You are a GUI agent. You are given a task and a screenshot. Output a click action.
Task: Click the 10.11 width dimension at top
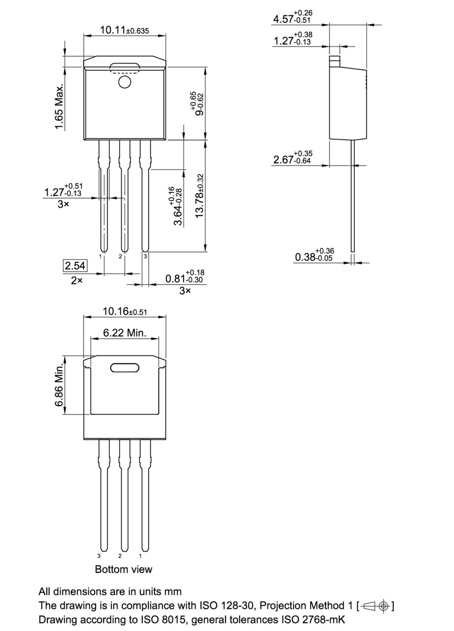(125, 31)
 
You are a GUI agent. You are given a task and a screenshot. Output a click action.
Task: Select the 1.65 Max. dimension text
(60, 107)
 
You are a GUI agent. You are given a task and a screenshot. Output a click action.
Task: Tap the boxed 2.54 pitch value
(75, 266)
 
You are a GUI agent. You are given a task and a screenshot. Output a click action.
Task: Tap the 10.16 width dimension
(125, 312)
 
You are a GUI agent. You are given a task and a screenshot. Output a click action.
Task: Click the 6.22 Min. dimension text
(125, 333)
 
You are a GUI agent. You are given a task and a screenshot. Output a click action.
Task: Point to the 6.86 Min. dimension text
(60, 386)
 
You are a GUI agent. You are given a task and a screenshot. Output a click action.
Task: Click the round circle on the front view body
(125, 82)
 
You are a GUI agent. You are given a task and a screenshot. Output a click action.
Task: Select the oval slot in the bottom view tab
(125, 367)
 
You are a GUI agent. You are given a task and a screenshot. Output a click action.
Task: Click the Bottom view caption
(124, 569)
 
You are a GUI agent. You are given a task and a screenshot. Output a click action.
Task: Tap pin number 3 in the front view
(145, 256)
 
